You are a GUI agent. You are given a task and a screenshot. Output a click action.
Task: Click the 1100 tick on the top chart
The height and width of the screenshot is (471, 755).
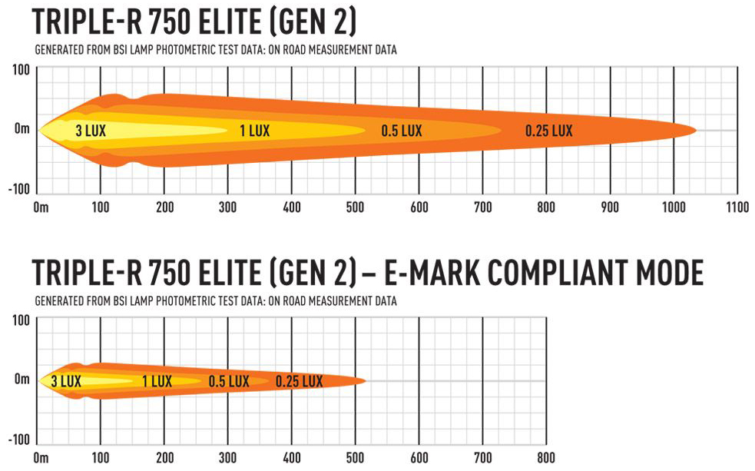tap(736, 207)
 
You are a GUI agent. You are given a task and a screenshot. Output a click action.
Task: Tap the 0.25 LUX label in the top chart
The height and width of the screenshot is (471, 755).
tap(548, 131)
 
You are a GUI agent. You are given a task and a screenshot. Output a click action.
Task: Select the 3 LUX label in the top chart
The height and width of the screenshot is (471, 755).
tap(91, 131)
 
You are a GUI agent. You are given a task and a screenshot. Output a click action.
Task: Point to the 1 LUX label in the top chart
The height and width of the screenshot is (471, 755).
tap(254, 131)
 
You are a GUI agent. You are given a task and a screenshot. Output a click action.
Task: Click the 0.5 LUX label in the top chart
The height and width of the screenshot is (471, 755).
tap(402, 131)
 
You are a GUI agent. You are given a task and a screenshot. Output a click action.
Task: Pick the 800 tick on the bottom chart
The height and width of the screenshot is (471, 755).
tap(545, 458)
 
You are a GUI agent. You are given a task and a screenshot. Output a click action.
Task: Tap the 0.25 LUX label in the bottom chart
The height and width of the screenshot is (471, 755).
tap(299, 381)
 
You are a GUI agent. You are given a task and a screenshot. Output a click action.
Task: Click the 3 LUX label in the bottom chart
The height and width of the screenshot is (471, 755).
tap(66, 381)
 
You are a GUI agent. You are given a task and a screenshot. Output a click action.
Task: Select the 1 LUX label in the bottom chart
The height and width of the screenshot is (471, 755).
tap(157, 381)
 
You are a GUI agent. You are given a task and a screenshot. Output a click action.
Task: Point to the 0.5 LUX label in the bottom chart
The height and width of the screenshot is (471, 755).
tap(228, 381)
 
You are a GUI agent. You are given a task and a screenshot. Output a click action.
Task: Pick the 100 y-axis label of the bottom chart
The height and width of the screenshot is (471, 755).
tap(20, 320)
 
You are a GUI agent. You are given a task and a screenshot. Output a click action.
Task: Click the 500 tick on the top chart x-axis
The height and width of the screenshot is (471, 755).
tap(355, 207)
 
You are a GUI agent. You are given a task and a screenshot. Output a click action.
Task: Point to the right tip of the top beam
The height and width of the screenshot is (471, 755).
tap(696, 130)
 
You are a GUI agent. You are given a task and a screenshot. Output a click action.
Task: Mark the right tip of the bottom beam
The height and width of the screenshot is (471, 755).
tap(364, 380)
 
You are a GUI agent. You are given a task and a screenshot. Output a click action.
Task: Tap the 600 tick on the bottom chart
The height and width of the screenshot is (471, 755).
tap(418, 458)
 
